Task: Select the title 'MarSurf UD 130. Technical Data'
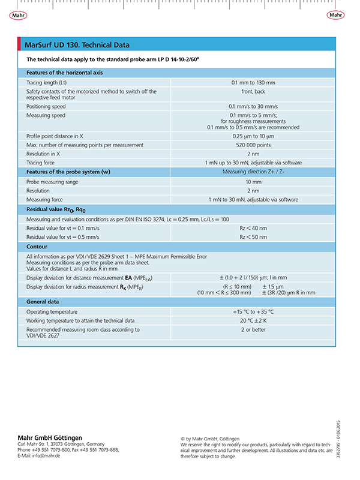(77, 45)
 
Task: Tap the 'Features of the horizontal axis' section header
(65, 73)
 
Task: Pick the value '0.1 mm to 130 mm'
(253, 82)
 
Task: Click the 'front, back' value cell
(253, 92)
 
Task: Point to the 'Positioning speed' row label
(46, 106)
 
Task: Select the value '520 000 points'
(253, 145)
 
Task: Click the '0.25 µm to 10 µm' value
(253, 136)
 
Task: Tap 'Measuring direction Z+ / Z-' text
(253, 172)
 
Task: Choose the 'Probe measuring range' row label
(52, 182)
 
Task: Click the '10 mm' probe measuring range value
(253, 182)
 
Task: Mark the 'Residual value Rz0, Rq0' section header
(56, 210)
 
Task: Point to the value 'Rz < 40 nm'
(253, 229)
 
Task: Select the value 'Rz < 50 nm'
(253, 238)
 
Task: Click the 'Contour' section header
(37, 247)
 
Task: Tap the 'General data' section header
(43, 302)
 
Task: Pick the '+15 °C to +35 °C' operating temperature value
(253, 312)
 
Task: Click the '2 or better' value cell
(253, 329)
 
